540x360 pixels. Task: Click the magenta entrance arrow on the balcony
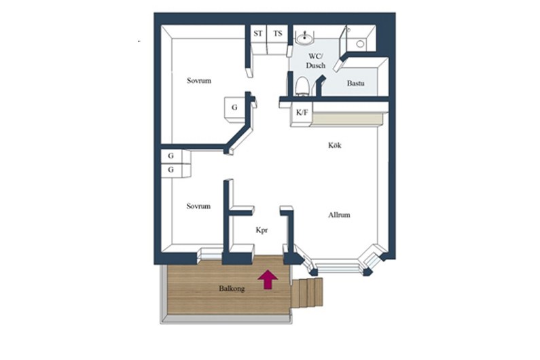click(x=268, y=279)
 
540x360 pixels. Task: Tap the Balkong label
click(x=232, y=289)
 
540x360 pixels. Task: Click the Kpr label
click(x=262, y=230)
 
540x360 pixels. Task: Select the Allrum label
click(x=339, y=215)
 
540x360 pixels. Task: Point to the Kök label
click(x=334, y=145)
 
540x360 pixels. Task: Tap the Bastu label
click(x=355, y=84)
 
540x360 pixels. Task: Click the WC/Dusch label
click(x=315, y=61)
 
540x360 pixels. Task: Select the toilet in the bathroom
click(x=302, y=86)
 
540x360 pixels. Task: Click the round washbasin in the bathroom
click(x=304, y=38)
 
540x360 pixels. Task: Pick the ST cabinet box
click(x=258, y=39)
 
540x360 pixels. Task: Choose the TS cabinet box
click(x=277, y=39)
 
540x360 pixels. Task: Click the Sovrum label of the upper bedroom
click(x=199, y=81)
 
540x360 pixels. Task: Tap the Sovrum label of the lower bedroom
click(x=198, y=206)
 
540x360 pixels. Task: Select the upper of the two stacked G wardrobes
click(x=175, y=156)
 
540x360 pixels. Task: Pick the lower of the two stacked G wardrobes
click(x=175, y=170)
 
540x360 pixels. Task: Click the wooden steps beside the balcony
click(x=307, y=293)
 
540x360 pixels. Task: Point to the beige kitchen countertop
click(x=347, y=118)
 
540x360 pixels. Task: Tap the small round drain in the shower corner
click(x=360, y=43)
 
